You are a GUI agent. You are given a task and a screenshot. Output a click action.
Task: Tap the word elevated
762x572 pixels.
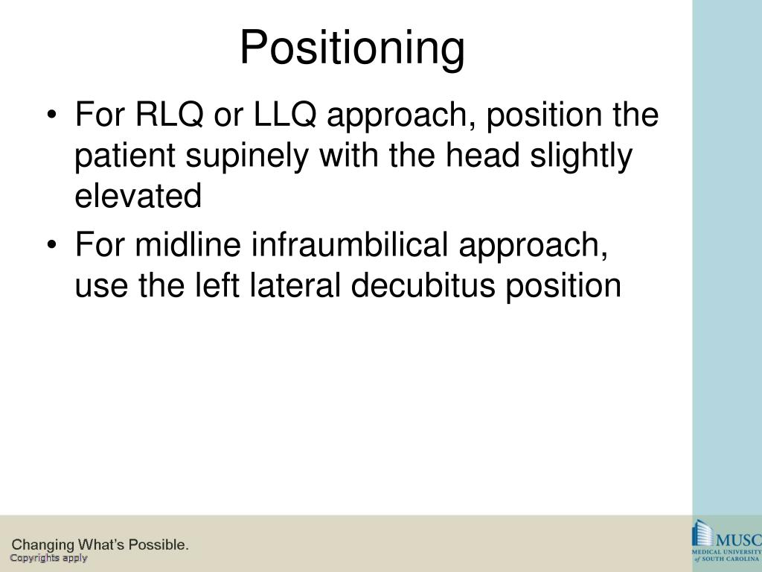point(138,196)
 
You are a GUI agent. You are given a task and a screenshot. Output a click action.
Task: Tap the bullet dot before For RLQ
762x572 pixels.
point(51,117)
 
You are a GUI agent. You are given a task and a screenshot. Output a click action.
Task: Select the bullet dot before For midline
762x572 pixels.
point(51,247)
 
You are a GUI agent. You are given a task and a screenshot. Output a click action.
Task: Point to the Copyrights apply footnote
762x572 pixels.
point(48,558)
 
